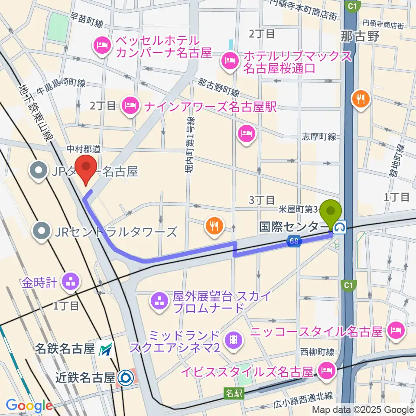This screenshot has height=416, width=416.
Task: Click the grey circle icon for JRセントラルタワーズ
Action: pyautogui.click(x=42, y=230)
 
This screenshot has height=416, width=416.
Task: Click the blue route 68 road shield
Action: pyautogui.click(x=294, y=242)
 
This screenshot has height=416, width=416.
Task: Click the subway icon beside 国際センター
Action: pyautogui.click(x=342, y=226)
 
